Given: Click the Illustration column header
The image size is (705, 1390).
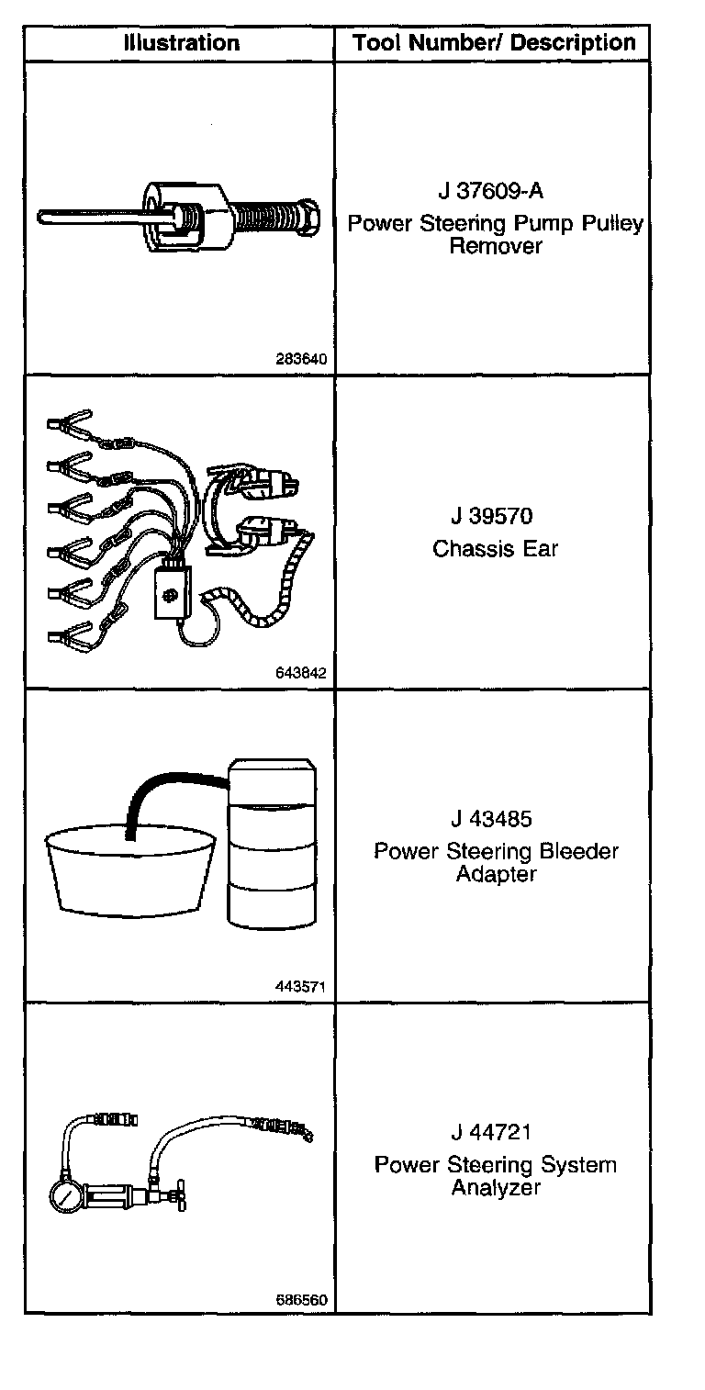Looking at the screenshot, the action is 182,43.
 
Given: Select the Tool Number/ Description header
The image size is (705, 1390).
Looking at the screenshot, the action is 494,43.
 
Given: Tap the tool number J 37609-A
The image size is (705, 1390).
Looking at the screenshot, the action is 490,192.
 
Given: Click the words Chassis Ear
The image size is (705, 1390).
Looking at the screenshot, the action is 496,549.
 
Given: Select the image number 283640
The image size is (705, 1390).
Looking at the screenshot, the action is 301,359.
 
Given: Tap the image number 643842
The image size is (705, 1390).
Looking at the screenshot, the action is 300,672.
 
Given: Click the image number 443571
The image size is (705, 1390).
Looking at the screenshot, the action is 301,987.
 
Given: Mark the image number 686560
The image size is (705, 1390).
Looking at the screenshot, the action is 301,1300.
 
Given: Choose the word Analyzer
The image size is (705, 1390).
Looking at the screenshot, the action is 496,1187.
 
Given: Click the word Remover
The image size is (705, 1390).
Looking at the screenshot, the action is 496,246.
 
